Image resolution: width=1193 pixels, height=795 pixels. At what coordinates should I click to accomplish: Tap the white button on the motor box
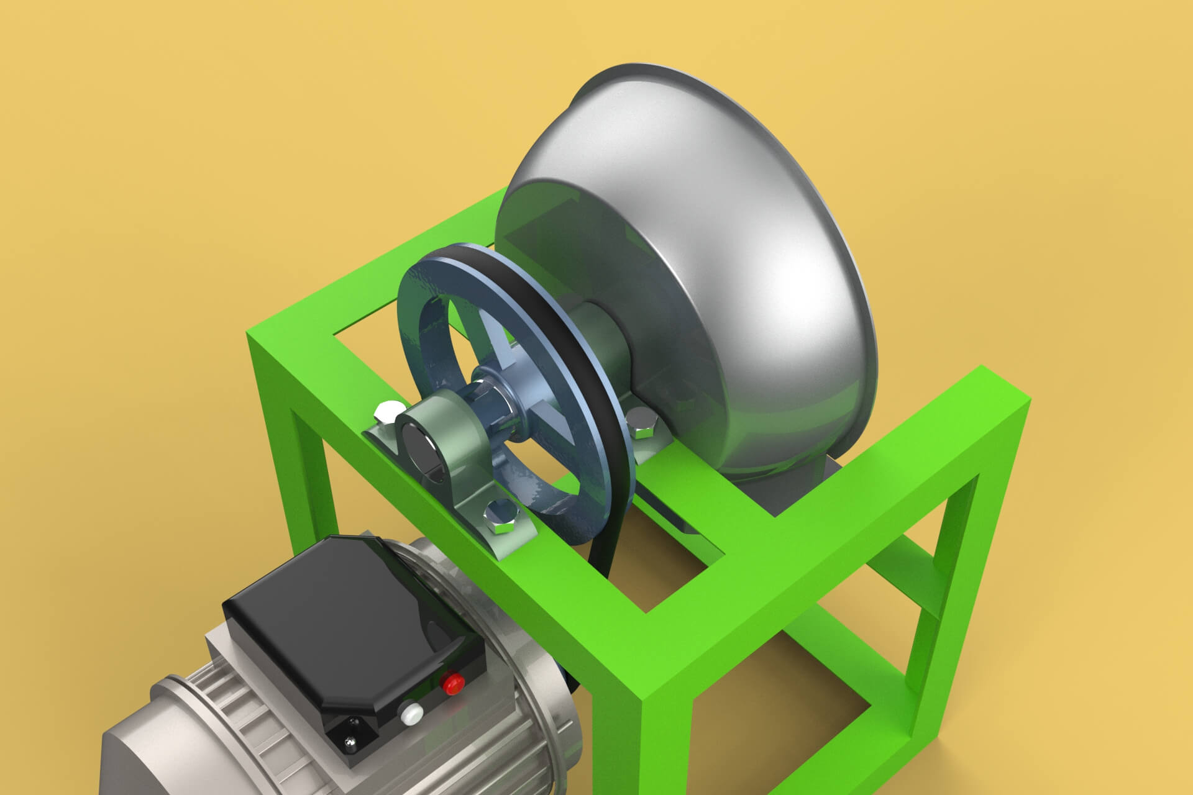coord(410,715)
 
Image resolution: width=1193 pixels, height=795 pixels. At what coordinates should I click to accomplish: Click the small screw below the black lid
coord(350,741)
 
